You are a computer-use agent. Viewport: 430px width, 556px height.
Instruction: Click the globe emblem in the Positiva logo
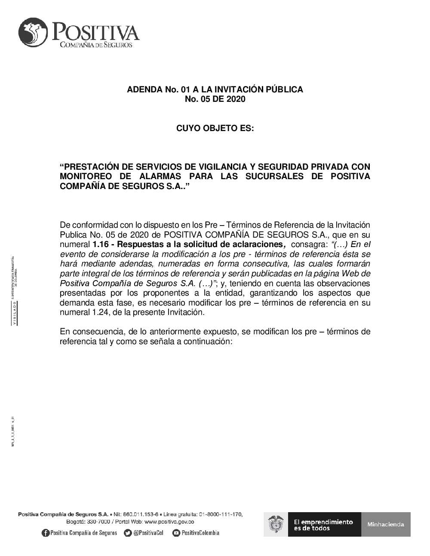pos(33,33)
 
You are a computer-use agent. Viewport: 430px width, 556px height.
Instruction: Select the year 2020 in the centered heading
pos(235,99)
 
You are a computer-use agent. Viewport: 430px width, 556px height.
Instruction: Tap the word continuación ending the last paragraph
pos(208,342)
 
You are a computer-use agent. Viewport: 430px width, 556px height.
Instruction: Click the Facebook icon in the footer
pos(46,533)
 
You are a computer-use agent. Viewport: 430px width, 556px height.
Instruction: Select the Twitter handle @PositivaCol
pos(149,533)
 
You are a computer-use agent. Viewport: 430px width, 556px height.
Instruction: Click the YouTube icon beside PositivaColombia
pos(176,533)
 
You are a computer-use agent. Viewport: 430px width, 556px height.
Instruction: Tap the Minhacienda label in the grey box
pos(386,524)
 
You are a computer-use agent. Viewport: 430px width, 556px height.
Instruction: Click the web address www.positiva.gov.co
pos(169,522)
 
